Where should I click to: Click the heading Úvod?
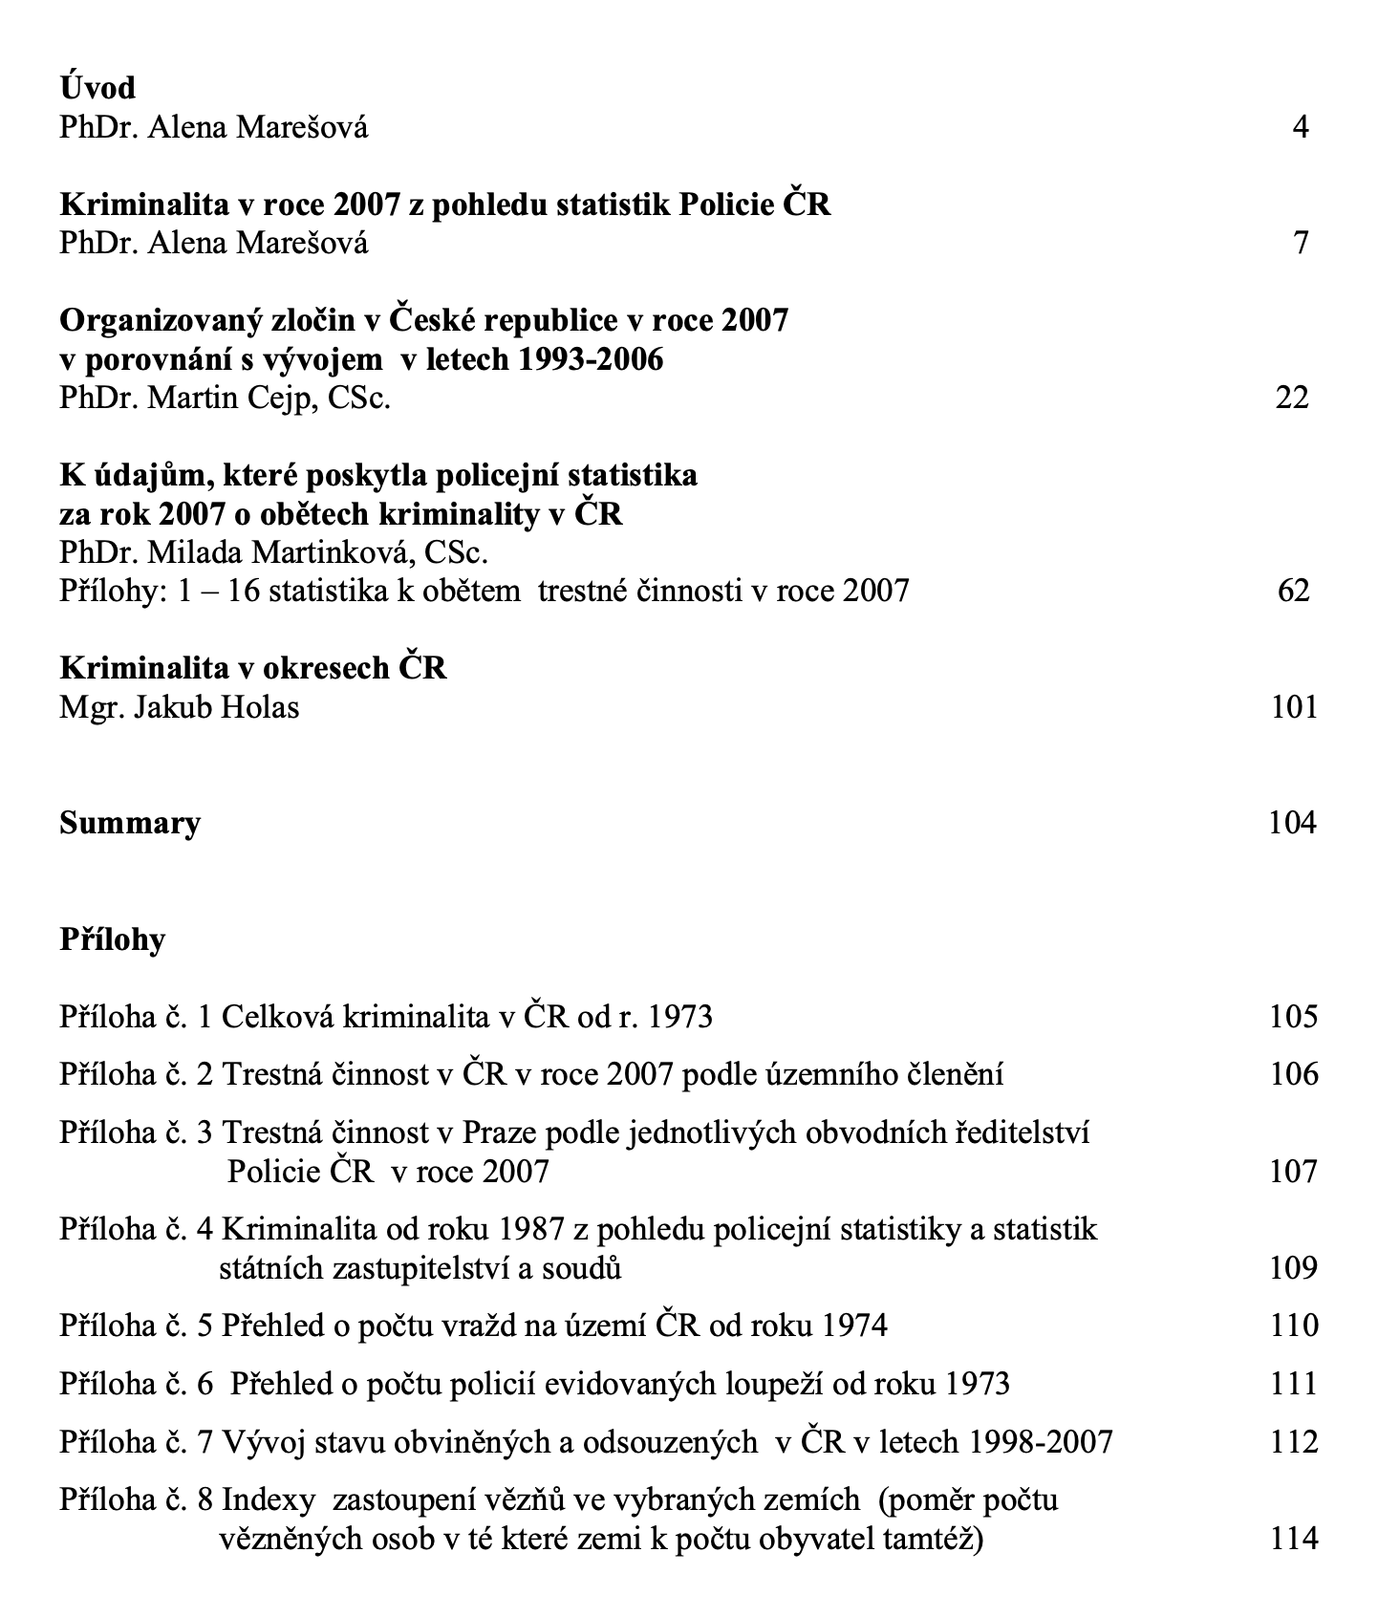tap(97, 88)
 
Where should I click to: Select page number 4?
tap(1300, 127)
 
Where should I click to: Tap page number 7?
tap(1300, 243)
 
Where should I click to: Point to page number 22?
tap(1292, 398)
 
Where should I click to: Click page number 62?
tap(1293, 591)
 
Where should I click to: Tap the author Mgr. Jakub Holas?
tap(180, 707)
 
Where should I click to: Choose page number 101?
tap(1294, 707)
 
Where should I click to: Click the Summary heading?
tap(130, 823)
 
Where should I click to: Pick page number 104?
tap(1292, 823)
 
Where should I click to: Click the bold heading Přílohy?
tap(112, 939)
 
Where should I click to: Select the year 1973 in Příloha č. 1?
tap(679, 1016)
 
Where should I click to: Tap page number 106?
tap(1294, 1074)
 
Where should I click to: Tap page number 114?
tap(1294, 1539)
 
